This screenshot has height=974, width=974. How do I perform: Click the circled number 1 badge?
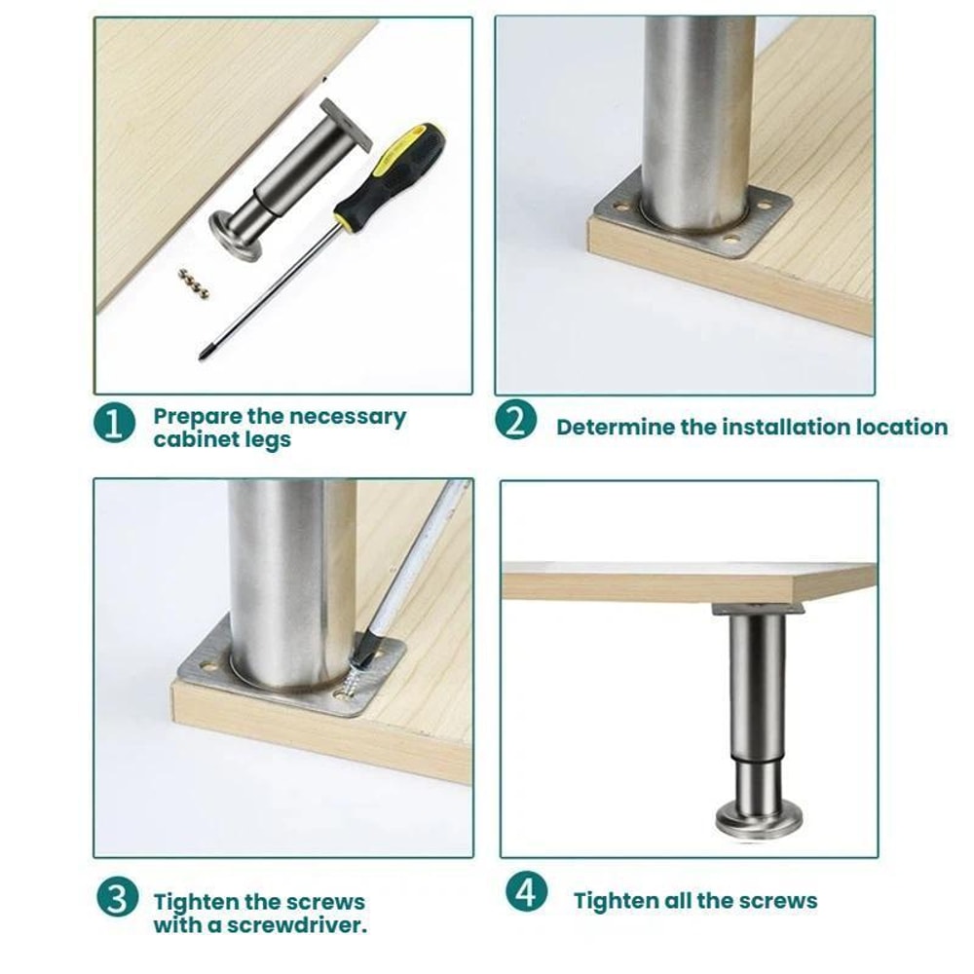coord(114,425)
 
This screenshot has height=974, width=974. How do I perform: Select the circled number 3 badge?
coord(116,897)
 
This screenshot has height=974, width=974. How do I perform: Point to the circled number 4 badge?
coord(526,892)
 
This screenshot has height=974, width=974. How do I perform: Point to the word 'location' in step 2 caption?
coord(901,427)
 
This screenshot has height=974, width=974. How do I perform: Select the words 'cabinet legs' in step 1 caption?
coord(222,439)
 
